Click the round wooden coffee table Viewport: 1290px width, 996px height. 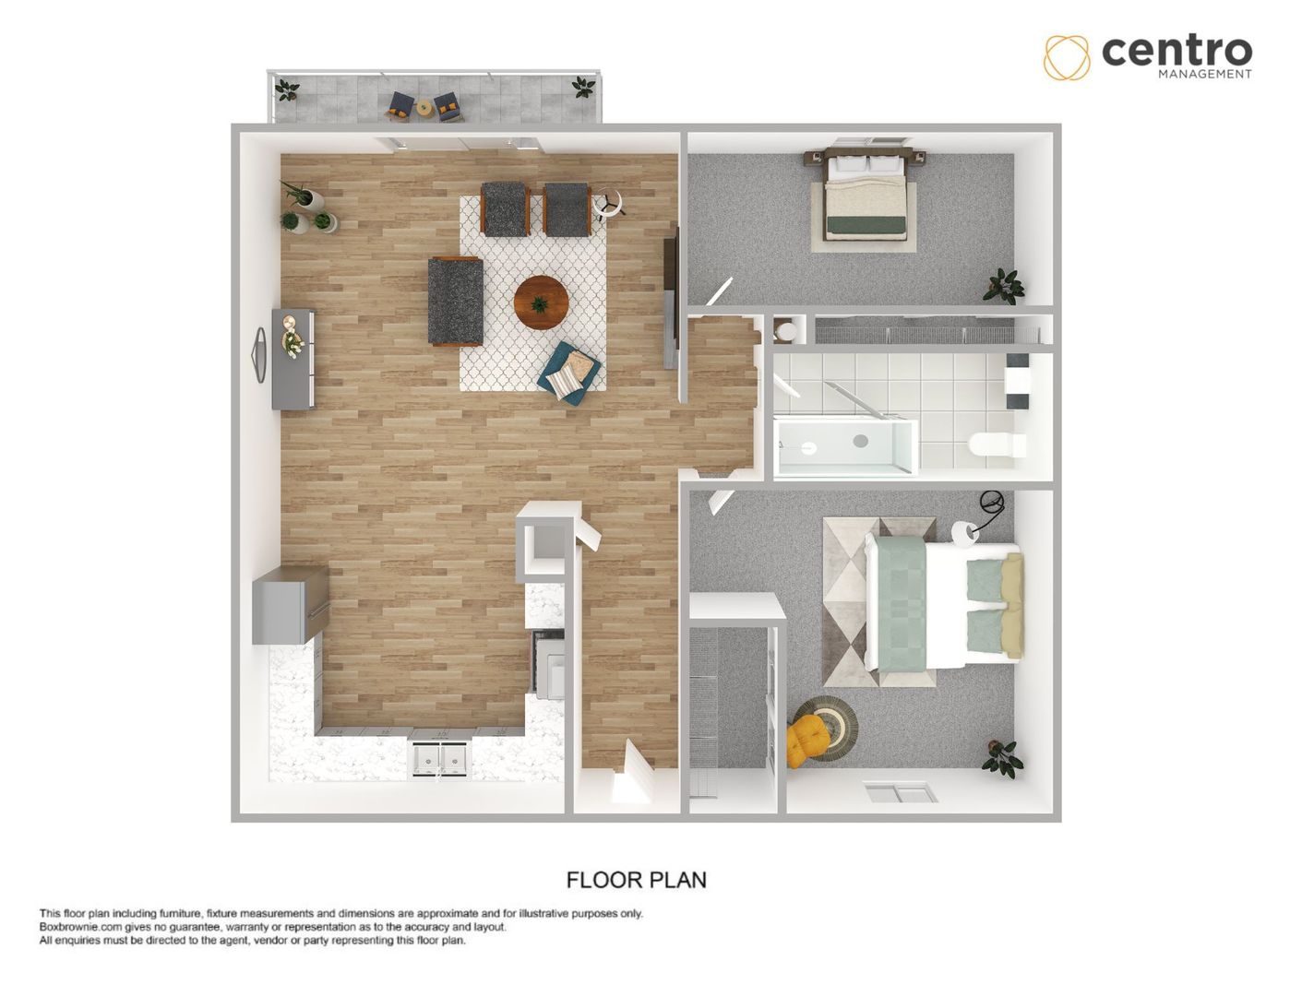click(542, 302)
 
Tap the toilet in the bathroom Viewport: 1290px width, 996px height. click(997, 446)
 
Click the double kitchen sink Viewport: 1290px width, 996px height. click(440, 758)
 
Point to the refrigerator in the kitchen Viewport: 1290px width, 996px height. click(290, 605)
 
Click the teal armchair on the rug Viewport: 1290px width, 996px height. click(570, 372)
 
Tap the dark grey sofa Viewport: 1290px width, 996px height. click(455, 302)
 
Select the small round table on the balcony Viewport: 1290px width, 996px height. click(424, 107)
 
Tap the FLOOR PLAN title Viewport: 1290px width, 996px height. click(636, 880)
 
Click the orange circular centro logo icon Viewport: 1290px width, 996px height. click(1067, 56)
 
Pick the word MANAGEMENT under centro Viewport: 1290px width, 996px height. click(1204, 74)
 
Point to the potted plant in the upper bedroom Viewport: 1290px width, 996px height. click(1002, 285)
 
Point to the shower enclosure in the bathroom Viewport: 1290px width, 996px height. click(843, 447)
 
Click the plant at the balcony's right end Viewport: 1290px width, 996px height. click(582, 88)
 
